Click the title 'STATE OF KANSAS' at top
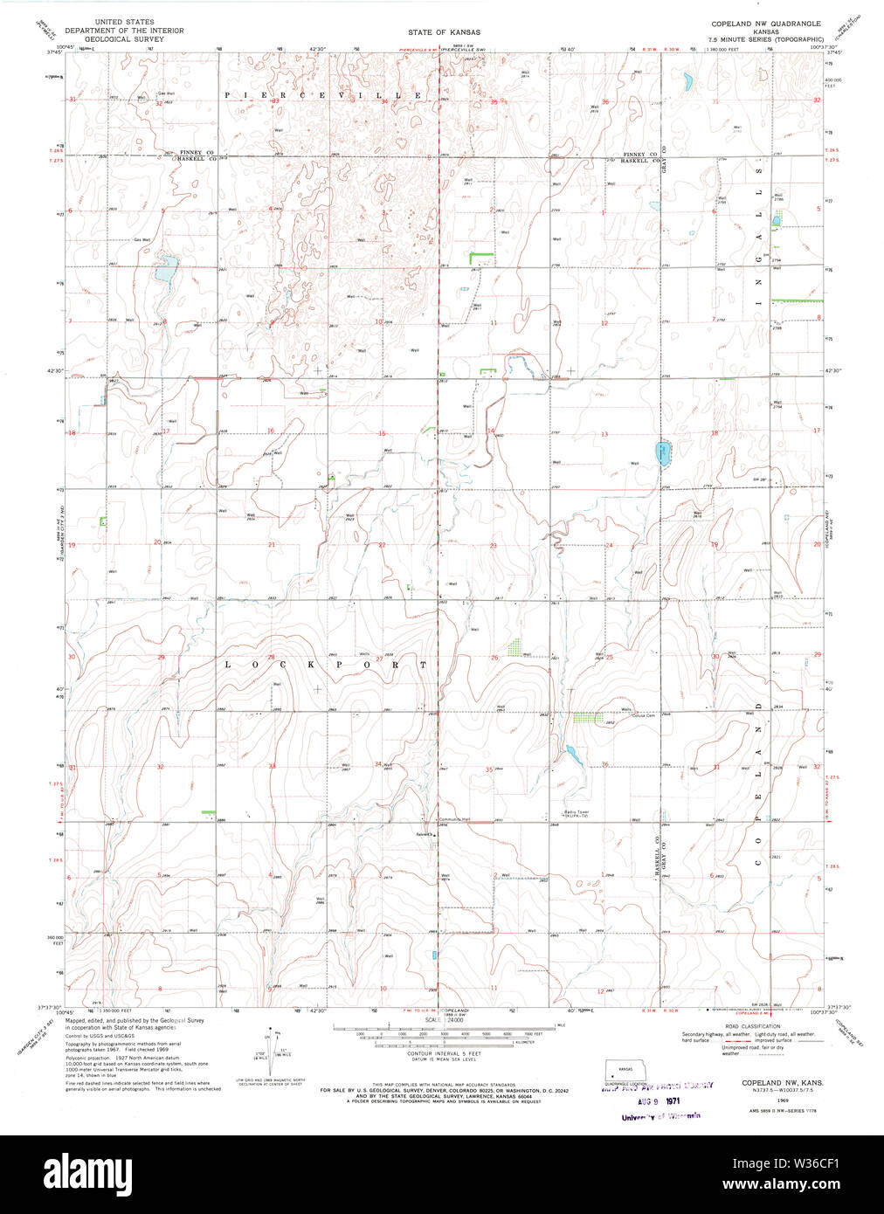(x=444, y=32)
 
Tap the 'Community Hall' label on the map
(x=454, y=819)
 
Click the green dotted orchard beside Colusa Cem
(x=587, y=718)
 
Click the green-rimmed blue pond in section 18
(x=661, y=454)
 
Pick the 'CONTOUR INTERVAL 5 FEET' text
(x=444, y=1054)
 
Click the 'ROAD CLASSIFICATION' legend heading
(x=752, y=1027)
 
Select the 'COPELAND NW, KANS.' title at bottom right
(x=777, y=1082)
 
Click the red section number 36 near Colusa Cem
(x=605, y=765)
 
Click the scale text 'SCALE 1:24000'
(x=444, y=1019)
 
